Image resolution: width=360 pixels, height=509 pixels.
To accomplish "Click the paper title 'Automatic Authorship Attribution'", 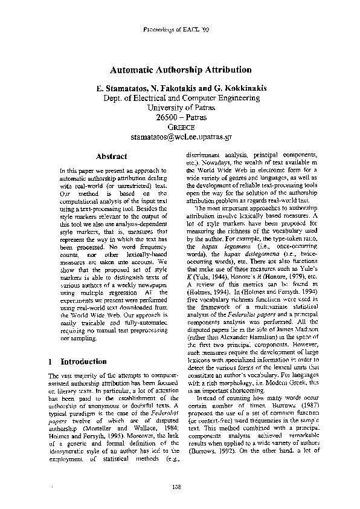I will pos(181,70).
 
